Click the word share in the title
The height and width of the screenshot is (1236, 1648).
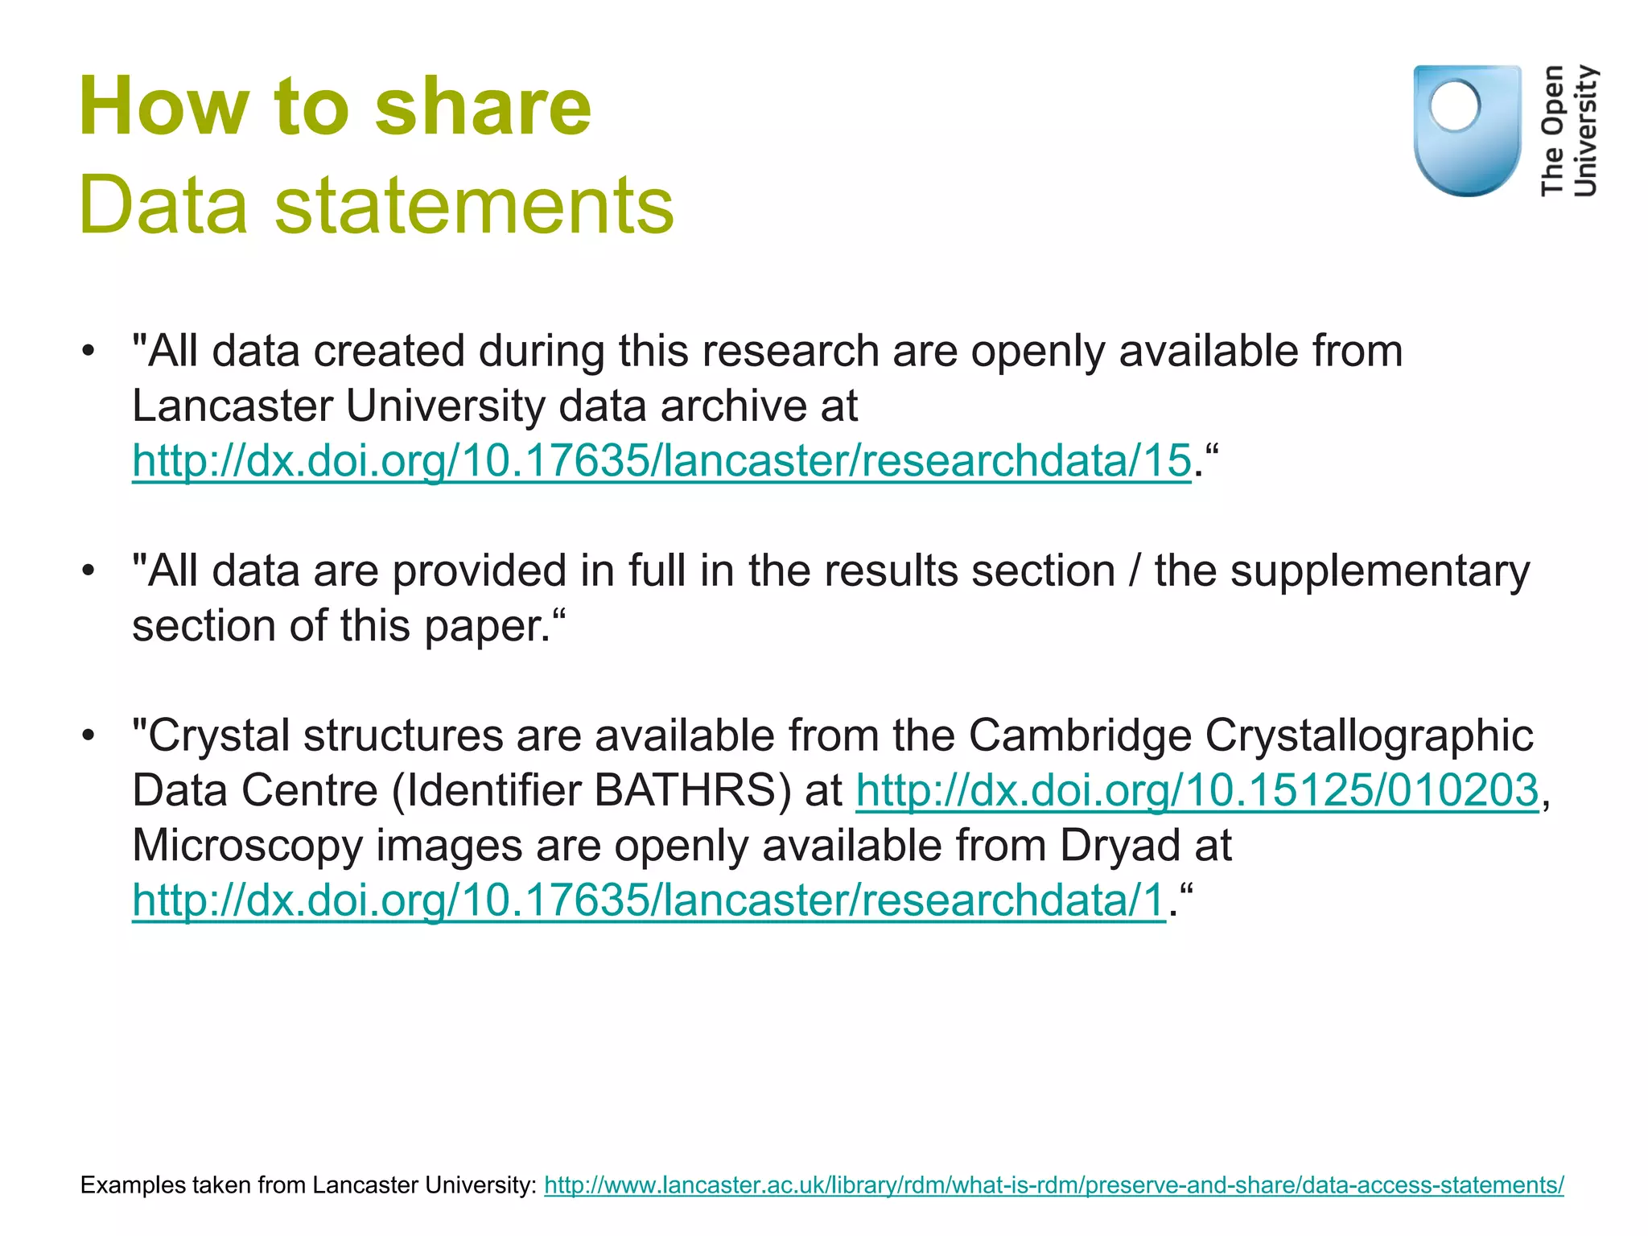pos(483,107)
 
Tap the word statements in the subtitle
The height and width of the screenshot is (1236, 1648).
pos(474,206)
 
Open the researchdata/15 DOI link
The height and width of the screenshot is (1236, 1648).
pos(661,461)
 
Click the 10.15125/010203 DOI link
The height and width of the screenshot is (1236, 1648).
pos(1197,790)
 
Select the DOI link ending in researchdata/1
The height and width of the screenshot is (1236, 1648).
pos(649,900)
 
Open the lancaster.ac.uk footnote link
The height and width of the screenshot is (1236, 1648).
pos(1053,1184)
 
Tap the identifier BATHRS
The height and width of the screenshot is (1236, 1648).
pos(684,790)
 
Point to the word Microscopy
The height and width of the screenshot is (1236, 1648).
pos(247,845)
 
